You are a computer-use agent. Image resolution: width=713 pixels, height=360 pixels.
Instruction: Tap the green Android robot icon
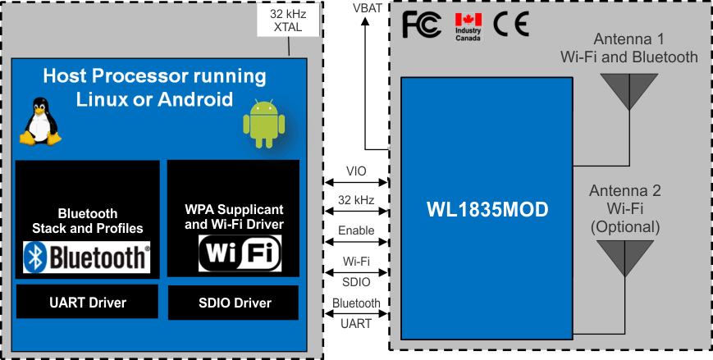pyautogui.click(x=263, y=123)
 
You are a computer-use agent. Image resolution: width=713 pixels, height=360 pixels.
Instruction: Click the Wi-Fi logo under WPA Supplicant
pyautogui.click(x=240, y=253)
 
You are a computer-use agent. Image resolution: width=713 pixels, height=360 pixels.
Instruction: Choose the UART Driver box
pyautogui.click(x=87, y=303)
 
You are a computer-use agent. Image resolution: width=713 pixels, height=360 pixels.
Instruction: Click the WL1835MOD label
pyautogui.click(x=487, y=208)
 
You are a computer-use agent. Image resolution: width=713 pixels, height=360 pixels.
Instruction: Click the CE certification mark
pyautogui.click(x=510, y=25)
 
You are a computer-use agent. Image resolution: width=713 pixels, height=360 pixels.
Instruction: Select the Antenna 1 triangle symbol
pyautogui.click(x=629, y=91)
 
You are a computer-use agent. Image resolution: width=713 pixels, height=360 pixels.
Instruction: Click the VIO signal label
pyautogui.click(x=356, y=171)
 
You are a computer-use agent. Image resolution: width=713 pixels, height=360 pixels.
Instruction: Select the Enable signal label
pyautogui.click(x=356, y=230)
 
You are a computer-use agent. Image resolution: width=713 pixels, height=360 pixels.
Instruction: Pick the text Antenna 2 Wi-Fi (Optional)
pyautogui.click(x=624, y=208)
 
